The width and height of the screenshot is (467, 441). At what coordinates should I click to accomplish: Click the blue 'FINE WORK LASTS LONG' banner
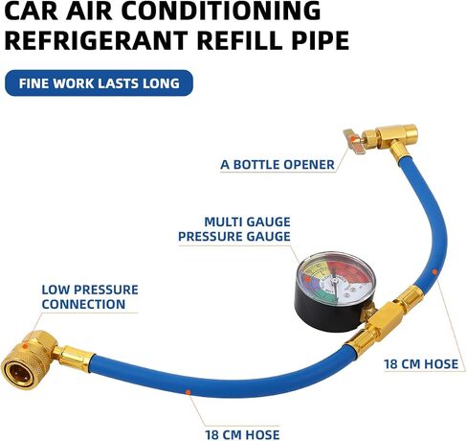(100, 83)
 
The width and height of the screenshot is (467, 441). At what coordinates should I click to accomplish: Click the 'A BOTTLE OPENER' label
(278, 165)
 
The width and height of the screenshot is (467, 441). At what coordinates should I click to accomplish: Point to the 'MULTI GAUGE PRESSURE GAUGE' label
(234, 229)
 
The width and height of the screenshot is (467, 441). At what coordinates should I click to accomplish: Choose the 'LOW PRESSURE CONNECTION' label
(90, 297)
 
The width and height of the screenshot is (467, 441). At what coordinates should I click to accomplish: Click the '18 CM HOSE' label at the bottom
(242, 434)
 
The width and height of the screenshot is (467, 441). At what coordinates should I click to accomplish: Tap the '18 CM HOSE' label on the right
(421, 364)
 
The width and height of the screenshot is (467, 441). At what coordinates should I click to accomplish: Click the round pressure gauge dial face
(336, 278)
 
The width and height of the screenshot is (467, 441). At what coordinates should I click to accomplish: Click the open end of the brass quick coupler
(15, 372)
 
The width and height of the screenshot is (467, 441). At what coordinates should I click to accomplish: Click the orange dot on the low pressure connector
(25, 346)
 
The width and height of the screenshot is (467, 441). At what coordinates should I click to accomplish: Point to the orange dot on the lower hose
(189, 392)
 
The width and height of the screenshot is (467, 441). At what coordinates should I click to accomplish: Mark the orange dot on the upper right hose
(434, 271)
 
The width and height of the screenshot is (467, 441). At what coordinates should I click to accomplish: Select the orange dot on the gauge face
(307, 279)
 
